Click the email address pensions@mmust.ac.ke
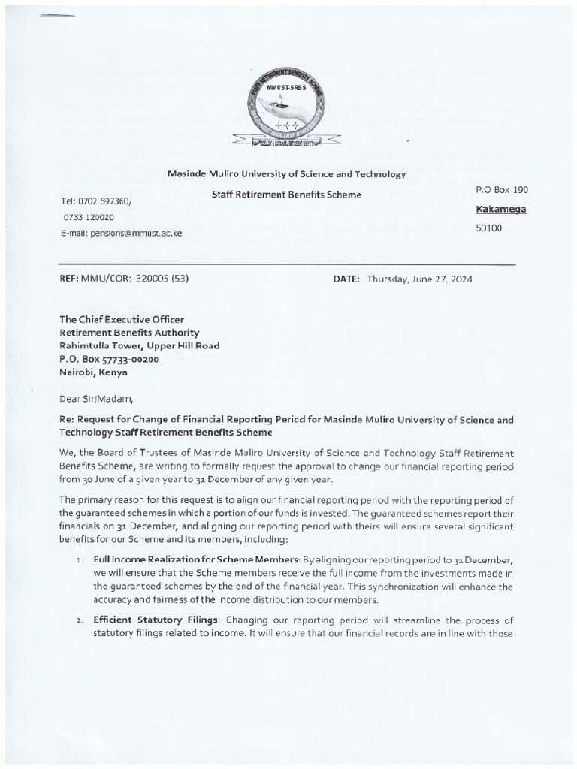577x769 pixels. pyautogui.click(x=135, y=234)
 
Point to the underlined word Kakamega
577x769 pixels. pyautogui.click(x=501, y=210)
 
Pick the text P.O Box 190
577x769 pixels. pyautogui.click(x=502, y=191)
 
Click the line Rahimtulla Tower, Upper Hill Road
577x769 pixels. pyautogui.click(x=140, y=346)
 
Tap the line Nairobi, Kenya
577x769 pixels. pyautogui.click(x=94, y=372)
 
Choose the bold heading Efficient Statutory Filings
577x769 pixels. pyautogui.click(x=157, y=620)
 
